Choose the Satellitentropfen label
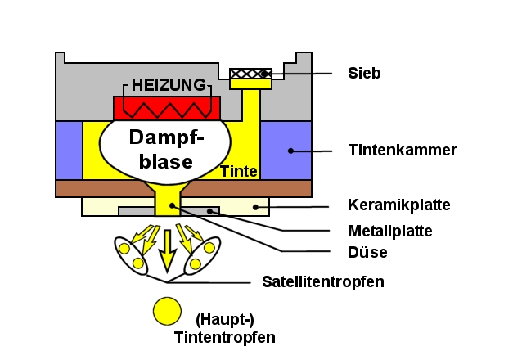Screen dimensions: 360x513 [x=322, y=282]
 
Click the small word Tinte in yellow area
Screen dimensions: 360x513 [x=239, y=172]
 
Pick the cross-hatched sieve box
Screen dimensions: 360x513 [x=251, y=74]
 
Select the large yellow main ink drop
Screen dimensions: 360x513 [x=167, y=311]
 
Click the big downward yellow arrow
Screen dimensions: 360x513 [x=167, y=250]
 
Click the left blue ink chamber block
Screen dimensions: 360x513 [x=69, y=150]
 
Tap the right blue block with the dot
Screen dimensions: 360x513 [x=286, y=150]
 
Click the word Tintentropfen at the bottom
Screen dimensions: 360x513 [x=224, y=337]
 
